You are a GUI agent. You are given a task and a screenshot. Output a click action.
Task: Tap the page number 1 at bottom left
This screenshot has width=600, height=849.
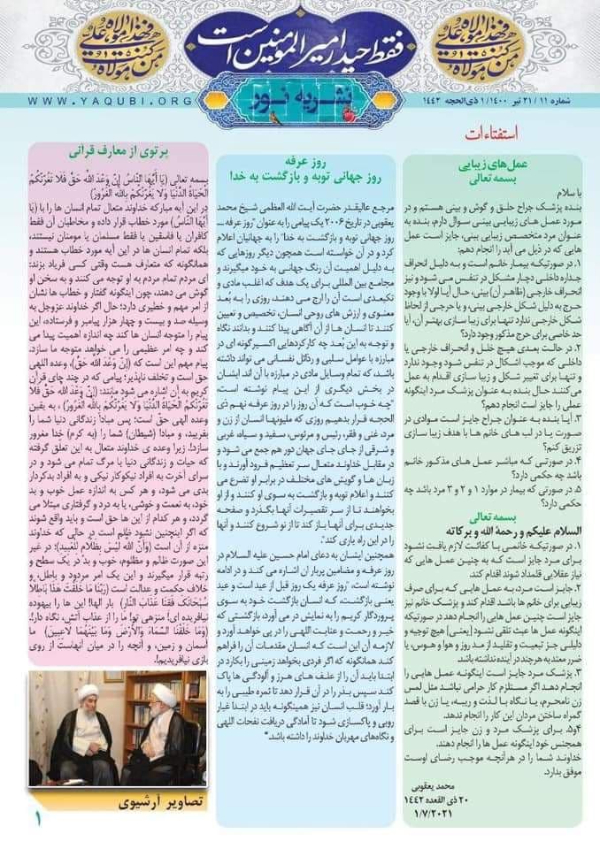point(38,819)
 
